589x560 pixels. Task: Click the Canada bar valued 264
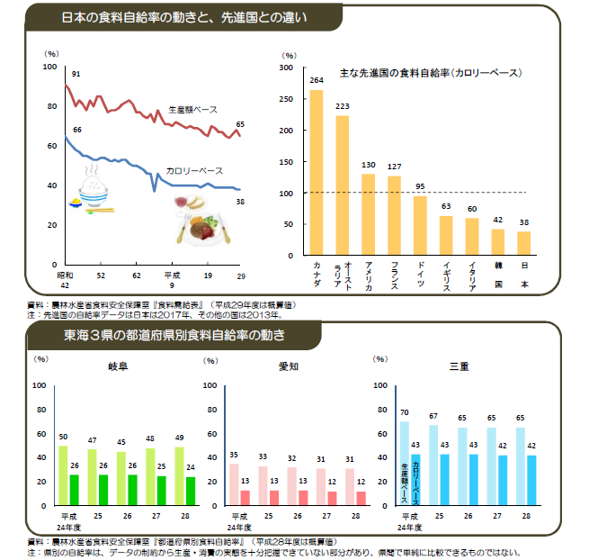tap(316, 171)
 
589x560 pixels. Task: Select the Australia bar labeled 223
tap(342, 185)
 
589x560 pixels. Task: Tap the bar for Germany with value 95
tap(420, 225)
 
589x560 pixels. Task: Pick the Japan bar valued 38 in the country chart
tap(524, 243)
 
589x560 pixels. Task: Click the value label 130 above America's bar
tap(368, 165)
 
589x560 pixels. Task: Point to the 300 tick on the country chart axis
tap(285, 68)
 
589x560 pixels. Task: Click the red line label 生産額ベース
tap(193, 109)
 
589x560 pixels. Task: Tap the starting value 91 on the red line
tap(76, 73)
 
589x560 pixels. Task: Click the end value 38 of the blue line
tap(240, 202)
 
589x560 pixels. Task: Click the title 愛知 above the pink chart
tap(290, 367)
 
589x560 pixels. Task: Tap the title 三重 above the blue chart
tap(460, 367)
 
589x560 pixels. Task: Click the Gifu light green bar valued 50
tap(63, 474)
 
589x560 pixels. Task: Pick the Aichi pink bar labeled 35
tap(235, 483)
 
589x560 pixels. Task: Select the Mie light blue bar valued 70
tap(404, 464)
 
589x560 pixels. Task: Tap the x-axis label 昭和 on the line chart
tap(64, 274)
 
